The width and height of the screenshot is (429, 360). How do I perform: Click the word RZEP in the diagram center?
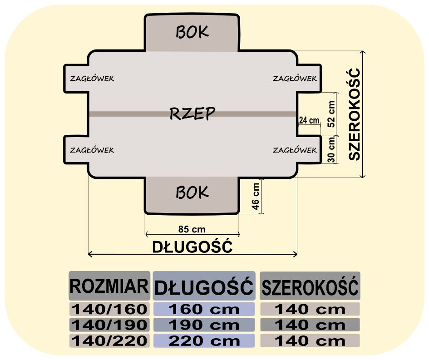[x=192, y=113]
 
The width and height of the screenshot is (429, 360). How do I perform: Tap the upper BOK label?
[x=192, y=32]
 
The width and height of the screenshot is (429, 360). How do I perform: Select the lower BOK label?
[x=192, y=192]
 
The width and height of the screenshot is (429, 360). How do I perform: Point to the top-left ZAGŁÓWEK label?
[x=92, y=79]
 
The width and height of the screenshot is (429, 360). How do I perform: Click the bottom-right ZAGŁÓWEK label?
[x=295, y=150]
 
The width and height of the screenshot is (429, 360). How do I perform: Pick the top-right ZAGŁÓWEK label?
[x=295, y=79]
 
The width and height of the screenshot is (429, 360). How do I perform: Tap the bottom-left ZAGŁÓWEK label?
[x=92, y=150]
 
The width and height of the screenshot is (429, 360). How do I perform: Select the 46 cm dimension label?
[x=256, y=196]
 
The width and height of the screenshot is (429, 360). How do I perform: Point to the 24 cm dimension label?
[x=309, y=121]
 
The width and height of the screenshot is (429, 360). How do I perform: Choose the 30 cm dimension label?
[x=331, y=150]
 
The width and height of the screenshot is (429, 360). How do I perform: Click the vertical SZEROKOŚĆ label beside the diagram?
[x=354, y=113]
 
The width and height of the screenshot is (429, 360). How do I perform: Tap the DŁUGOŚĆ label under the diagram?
[x=192, y=247]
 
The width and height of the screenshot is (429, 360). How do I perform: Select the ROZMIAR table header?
[x=109, y=286]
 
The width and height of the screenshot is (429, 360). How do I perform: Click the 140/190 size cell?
[x=109, y=325]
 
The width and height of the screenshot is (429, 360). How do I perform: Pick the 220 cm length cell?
[x=204, y=340]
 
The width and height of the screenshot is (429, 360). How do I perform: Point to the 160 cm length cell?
[x=204, y=310]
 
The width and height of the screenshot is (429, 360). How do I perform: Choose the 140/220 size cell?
[x=109, y=340]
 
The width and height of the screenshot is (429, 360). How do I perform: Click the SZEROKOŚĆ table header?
[x=310, y=286]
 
